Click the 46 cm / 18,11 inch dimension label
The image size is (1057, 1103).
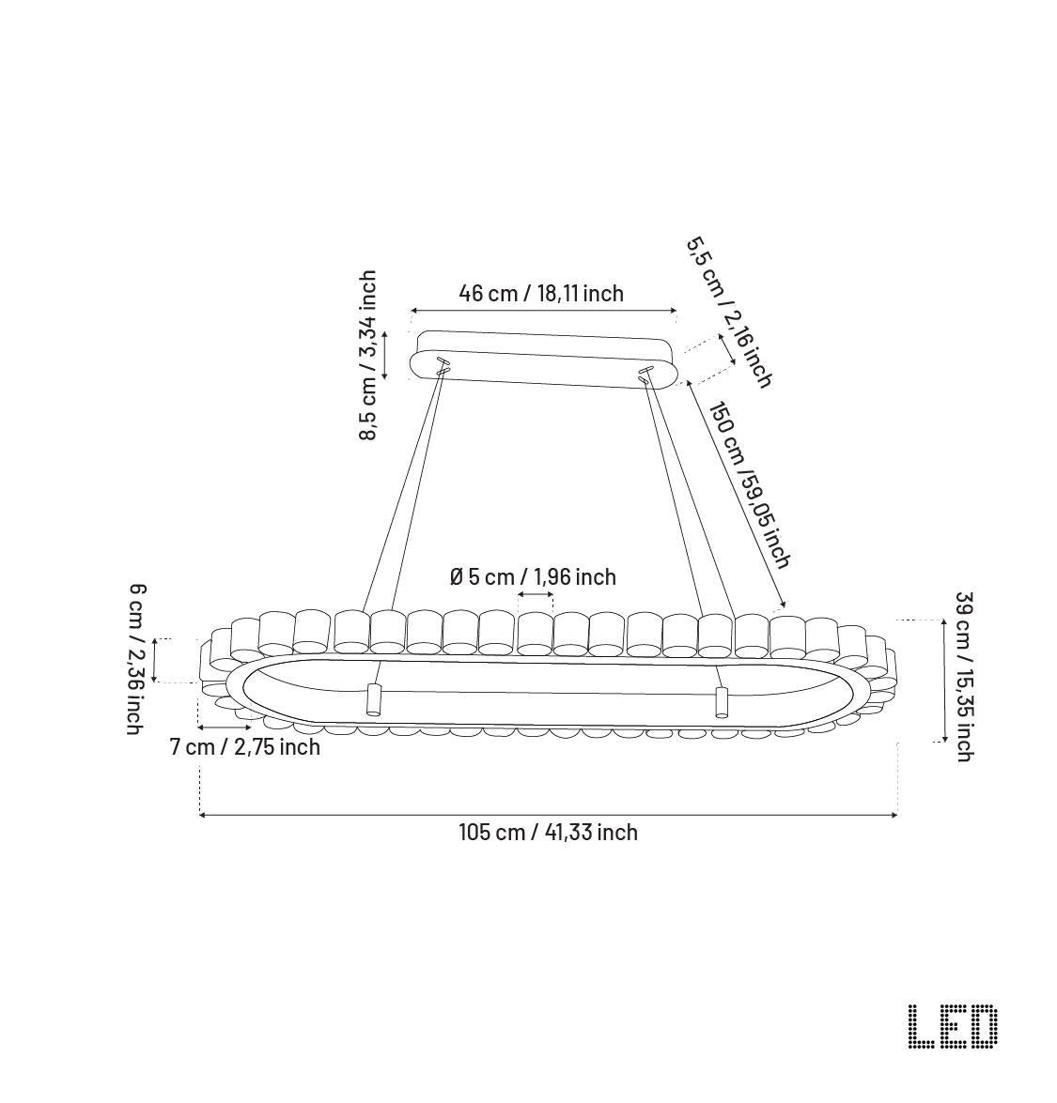pyautogui.click(x=541, y=293)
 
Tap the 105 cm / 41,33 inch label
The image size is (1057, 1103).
pyautogui.click(x=549, y=832)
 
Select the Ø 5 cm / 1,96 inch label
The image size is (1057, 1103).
pyautogui.click(x=533, y=576)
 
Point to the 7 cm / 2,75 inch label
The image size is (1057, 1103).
pyautogui.click(x=245, y=746)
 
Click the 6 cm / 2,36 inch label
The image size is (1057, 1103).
pyautogui.click(x=136, y=659)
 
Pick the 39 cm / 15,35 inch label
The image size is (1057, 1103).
pyautogui.click(x=963, y=677)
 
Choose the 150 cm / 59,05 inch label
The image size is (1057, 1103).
pyautogui.click(x=749, y=485)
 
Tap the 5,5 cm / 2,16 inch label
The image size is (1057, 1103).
pyautogui.click(x=729, y=312)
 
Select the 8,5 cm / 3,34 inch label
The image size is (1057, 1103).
pyautogui.click(x=367, y=355)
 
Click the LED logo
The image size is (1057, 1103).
pyautogui.click(x=953, y=1026)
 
